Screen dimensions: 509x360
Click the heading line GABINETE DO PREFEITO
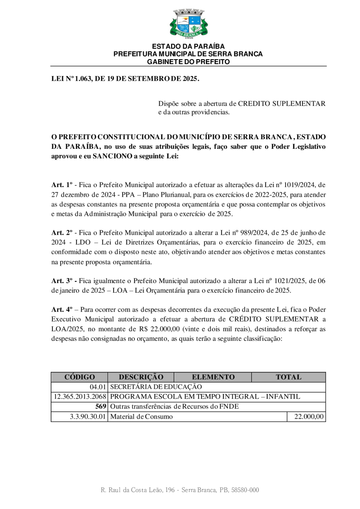point(188,62)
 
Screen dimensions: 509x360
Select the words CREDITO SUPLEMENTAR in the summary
point(282,104)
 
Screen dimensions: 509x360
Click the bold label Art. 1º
point(62,185)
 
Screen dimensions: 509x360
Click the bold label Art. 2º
point(62,232)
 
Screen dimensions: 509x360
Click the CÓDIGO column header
point(79,377)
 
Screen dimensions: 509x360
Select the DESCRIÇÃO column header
point(141,377)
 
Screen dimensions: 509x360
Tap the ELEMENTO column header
point(213,377)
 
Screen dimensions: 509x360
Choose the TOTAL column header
point(288,377)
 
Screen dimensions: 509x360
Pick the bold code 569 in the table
point(100,407)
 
